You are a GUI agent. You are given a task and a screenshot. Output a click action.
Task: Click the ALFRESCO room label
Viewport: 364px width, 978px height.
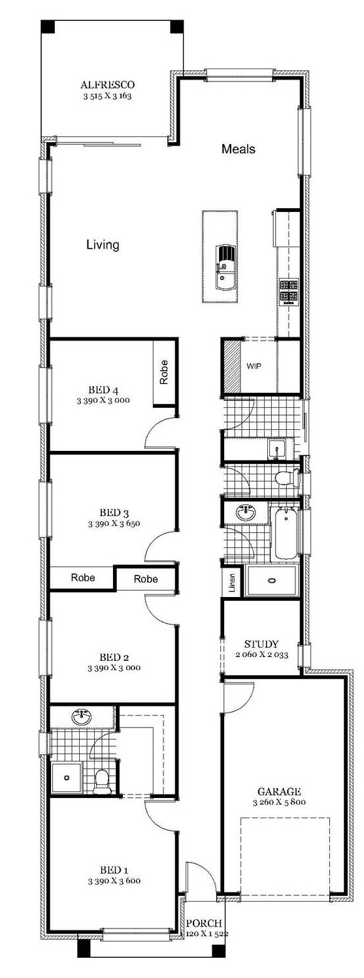point(108,85)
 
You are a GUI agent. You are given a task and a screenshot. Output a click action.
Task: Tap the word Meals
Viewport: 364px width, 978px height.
point(239,149)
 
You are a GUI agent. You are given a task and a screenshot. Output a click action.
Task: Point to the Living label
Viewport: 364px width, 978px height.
point(103,245)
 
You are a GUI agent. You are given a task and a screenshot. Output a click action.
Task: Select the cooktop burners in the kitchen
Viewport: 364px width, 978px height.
point(289,292)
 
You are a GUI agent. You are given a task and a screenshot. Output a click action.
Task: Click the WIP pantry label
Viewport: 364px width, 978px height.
point(254,366)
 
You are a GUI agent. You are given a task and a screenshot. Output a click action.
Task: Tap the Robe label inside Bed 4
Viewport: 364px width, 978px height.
point(163,372)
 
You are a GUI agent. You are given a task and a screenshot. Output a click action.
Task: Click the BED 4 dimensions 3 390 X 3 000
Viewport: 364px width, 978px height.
point(103,400)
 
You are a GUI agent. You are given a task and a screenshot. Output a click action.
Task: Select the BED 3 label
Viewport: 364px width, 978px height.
point(114,512)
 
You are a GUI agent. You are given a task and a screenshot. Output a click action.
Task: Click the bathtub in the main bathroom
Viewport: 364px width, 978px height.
point(285,534)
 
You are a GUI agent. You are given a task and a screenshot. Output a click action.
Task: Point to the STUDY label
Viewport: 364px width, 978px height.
point(261,644)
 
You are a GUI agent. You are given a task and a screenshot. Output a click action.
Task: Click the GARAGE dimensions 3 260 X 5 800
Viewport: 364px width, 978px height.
point(279,802)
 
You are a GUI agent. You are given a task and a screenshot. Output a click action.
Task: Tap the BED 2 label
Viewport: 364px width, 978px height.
point(114,657)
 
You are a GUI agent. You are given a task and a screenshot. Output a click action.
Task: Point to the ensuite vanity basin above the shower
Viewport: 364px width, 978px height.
point(82,717)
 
